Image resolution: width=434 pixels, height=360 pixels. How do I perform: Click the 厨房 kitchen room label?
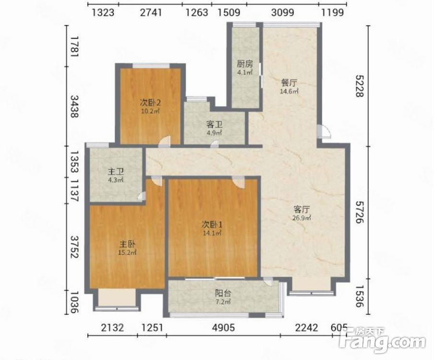[x=245, y=64]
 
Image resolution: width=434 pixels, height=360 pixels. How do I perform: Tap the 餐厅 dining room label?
[x=289, y=83]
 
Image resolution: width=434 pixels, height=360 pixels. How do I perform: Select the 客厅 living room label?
[x=302, y=209]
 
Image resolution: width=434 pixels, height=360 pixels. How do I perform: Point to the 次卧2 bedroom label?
[x=150, y=103]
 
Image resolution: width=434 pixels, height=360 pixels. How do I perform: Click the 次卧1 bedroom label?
[x=212, y=224]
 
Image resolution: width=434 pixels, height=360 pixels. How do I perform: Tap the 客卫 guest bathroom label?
[x=214, y=124]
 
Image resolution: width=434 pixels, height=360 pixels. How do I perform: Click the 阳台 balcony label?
[x=223, y=293]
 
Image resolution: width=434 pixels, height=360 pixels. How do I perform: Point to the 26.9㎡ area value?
[x=302, y=218]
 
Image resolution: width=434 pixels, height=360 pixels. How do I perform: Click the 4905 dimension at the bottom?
[x=223, y=327]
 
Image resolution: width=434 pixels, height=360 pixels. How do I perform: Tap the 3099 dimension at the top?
[x=282, y=12]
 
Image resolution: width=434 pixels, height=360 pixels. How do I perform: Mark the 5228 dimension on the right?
[x=359, y=86]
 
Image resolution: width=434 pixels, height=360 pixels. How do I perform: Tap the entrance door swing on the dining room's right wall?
[x=324, y=132]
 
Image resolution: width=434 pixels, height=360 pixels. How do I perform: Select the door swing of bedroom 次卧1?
[x=238, y=181]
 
